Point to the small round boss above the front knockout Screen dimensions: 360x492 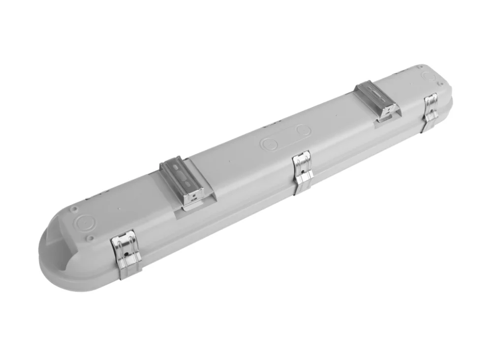click(x=73, y=209)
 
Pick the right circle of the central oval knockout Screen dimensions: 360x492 click(x=304, y=131)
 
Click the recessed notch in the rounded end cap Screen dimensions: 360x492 click(x=54, y=246)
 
